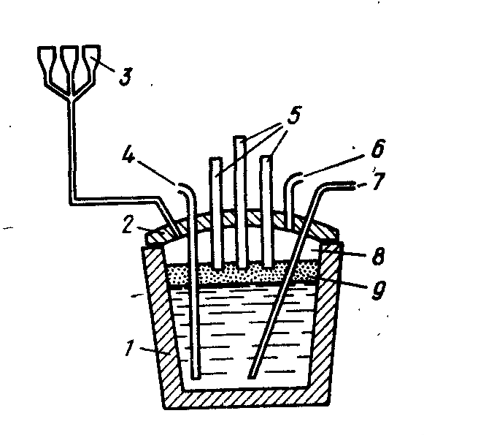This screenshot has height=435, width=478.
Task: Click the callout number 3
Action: [126, 76]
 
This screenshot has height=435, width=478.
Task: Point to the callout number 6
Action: [377, 149]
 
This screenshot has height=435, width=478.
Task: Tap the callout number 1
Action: [130, 348]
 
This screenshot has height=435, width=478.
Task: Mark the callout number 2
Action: [128, 225]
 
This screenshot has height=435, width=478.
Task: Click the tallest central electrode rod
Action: [240, 202]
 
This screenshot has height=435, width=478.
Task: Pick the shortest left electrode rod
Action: [216, 213]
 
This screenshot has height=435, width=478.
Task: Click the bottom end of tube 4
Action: [196, 377]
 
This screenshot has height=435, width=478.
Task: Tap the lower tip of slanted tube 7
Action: [251, 377]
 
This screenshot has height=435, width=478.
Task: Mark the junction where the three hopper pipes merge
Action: [72, 98]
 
